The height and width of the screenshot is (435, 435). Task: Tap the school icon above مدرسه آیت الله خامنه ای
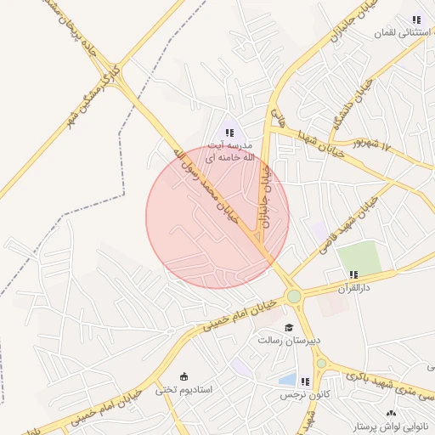pos(229,132)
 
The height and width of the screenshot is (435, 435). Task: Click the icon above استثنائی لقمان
pos(415,19)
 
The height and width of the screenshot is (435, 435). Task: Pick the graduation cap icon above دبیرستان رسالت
pos(289,327)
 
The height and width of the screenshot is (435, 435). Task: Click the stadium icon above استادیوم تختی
pos(184,376)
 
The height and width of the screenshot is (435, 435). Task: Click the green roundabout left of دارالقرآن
pos(294,297)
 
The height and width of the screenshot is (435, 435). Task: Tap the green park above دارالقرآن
pos(359,257)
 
